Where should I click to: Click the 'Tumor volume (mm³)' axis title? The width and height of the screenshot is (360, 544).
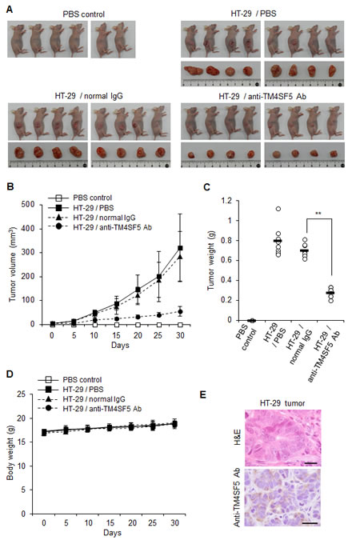(10, 262)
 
